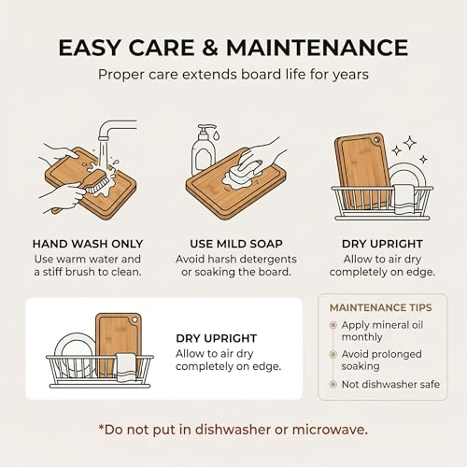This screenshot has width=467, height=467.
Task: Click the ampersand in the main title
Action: tap(210, 48)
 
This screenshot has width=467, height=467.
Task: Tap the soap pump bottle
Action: tap(204, 150)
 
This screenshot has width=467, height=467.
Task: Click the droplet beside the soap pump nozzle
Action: tap(217, 134)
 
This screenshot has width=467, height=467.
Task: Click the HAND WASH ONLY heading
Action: tap(88, 244)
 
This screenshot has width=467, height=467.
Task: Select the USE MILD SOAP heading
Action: tap(236, 244)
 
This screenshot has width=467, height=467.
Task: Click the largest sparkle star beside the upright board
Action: tap(410, 143)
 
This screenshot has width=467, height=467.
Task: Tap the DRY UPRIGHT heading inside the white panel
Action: tap(217, 338)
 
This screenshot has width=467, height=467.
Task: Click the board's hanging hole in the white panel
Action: tap(134, 320)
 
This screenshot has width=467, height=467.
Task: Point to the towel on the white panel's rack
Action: tap(126, 367)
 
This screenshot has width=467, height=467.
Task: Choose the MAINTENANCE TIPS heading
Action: tap(381, 307)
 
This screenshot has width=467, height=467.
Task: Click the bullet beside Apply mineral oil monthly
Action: tap(333, 325)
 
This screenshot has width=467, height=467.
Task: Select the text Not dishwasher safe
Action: tap(390, 385)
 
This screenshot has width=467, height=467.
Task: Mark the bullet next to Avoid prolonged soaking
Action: tap(333, 354)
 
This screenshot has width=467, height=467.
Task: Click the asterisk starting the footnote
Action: tap(101, 427)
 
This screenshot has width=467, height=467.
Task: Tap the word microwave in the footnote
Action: tap(330, 430)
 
